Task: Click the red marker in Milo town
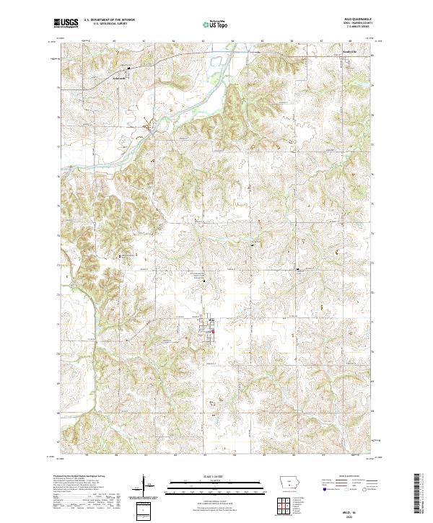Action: (214, 332)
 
